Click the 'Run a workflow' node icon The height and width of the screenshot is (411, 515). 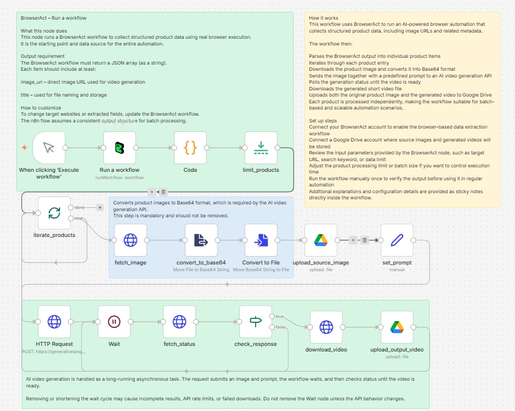(x=120, y=148)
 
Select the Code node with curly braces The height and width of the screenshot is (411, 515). (x=190, y=148)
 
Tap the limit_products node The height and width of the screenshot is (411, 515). (x=261, y=148)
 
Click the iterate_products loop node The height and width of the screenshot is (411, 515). (x=54, y=213)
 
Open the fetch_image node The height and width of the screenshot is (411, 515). (x=130, y=240)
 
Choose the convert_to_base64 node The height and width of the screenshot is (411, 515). (x=201, y=240)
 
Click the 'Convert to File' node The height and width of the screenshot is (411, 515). (x=261, y=240)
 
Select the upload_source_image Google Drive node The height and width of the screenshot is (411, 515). (x=321, y=240)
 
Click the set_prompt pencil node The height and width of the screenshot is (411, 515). (x=396, y=240)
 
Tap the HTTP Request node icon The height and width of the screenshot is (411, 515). (x=54, y=322)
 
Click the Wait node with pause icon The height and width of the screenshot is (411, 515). (x=114, y=322)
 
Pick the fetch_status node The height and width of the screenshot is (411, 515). (x=179, y=322)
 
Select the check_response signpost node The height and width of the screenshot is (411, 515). (x=256, y=322)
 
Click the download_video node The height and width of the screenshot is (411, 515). (x=326, y=327)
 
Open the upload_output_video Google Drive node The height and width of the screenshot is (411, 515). (x=396, y=327)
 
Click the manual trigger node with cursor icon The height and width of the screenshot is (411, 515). (x=49, y=148)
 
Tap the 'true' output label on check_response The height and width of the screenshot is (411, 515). (x=279, y=316)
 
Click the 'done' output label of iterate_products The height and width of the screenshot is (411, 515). (x=80, y=207)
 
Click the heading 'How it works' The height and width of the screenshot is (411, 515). (x=323, y=18)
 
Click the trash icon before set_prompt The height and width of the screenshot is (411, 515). (x=364, y=240)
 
